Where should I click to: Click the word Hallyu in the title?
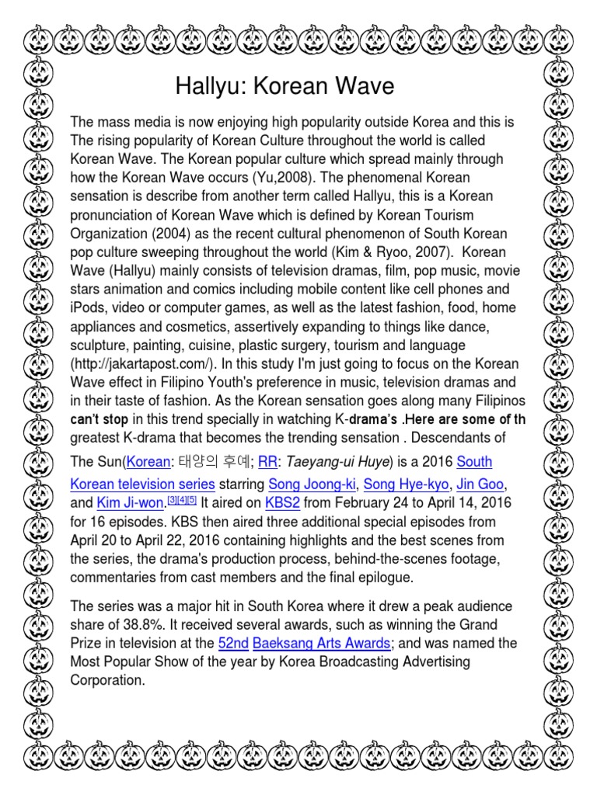(208, 86)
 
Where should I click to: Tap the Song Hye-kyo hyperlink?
(406, 484)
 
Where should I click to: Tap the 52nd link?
(233, 643)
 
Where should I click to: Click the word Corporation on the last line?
(107, 680)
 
